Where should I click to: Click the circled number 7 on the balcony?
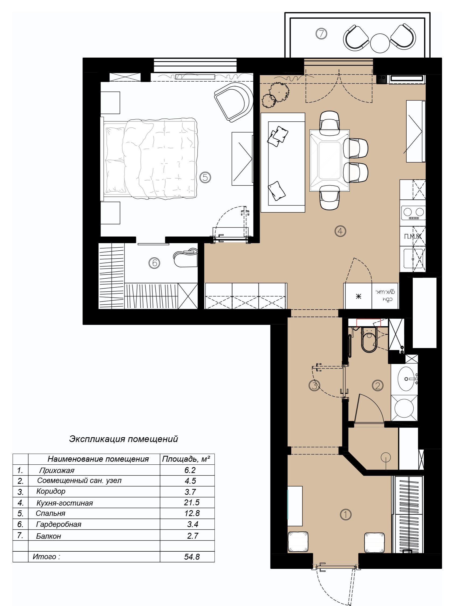pyautogui.click(x=321, y=34)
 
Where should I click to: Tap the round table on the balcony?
pyautogui.click(x=380, y=43)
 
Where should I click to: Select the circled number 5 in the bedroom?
pyautogui.click(x=205, y=177)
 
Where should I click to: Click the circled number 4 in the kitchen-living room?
pyautogui.click(x=340, y=231)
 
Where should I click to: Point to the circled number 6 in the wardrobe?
pyautogui.click(x=154, y=263)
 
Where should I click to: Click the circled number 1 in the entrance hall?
pyautogui.click(x=345, y=514)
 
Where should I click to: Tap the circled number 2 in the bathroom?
pyautogui.click(x=378, y=386)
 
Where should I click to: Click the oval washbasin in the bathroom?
pyautogui.click(x=406, y=379)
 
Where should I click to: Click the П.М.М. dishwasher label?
pyautogui.click(x=413, y=236)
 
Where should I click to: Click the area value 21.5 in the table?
pyautogui.click(x=191, y=502)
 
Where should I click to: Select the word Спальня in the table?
pyautogui.click(x=50, y=513)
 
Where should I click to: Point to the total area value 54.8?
pyautogui.click(x=192, y=557)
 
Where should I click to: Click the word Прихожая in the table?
pyautogui.click(x=57, y=470)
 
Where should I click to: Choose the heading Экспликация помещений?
pyautogui.click(x=124, y=439)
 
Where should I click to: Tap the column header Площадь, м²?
pyautogui.click(x=186, y=459)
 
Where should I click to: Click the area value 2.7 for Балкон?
pyautogui.click(x=193, y=536)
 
